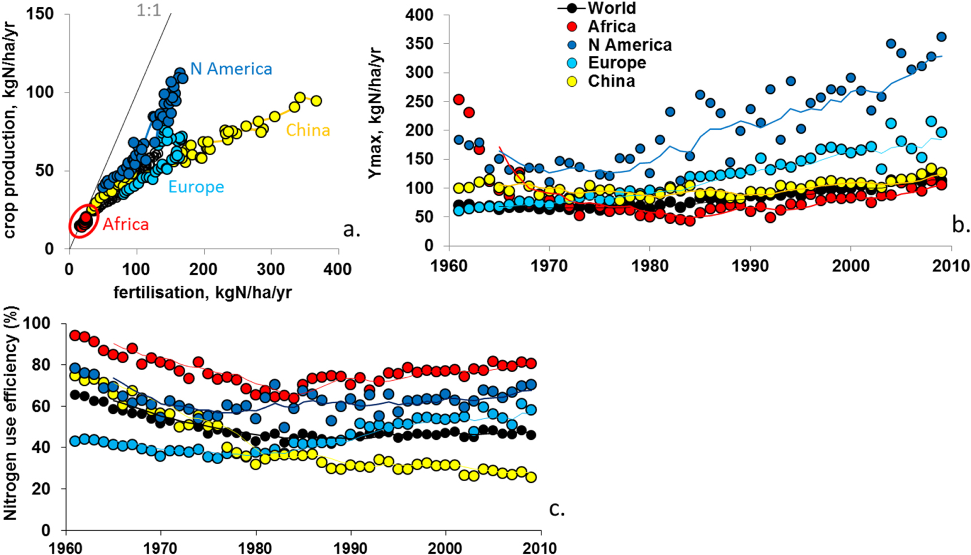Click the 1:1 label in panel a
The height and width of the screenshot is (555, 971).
(x=148, y=10)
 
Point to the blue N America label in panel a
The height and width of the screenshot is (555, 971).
(x=231, y=69)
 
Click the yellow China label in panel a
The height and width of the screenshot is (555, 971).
(x=308, y=130)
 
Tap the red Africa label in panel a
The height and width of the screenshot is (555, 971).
(x=125, y=224)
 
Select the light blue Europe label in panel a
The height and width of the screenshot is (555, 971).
(x=196, y=187)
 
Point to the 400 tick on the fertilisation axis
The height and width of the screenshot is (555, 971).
(x=338, y=270)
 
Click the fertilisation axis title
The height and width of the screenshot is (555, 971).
(x=202, y=292)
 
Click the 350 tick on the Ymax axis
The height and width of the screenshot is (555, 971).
(x=419, y=44)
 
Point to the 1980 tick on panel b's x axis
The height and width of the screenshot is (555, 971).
(x=649, y=266)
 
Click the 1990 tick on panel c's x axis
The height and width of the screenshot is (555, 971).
(x=351, y=548)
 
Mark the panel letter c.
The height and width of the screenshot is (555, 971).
(x=557, y=509)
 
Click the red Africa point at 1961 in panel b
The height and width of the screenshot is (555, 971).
(x=458, y=100)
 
